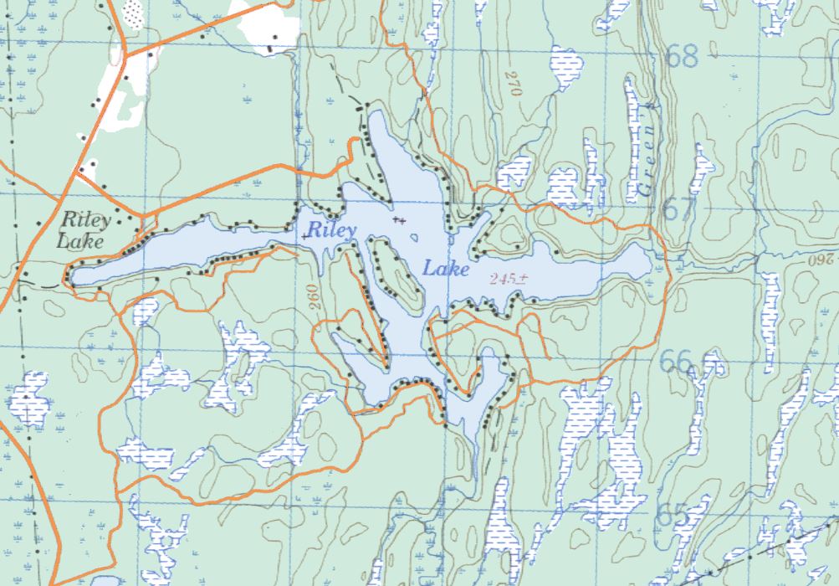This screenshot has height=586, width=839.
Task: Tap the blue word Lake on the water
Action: pyautogui.click(x=446, y=269)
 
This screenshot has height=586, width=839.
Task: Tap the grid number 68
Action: pyautogui.click(x=682, y=57)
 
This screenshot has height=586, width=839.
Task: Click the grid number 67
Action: pyautogui.click(x=678, y=208)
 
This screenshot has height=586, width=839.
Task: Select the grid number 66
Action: pyautogui.click(x=675, y=361)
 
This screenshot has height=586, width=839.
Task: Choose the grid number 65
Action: pyautogui.click(x=673, y=513)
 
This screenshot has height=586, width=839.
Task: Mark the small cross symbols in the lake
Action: pyautogui.click(x=400, y=220)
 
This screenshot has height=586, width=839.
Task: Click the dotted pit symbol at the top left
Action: pyautogui.click(x=132, y=12)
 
